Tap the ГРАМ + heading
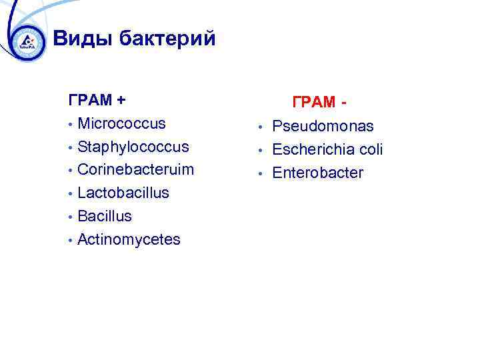click(97, 101)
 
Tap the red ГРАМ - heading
click(319, 103)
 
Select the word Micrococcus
click(121, 123)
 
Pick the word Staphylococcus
click(133, 147)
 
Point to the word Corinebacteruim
click(135, 169)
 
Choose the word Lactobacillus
click(123, 193)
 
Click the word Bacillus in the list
click(105, 216)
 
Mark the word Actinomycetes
click(129, 239)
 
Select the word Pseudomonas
click(323, 127)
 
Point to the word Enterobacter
click(317, 173)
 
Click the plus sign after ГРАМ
click(121, 101)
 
